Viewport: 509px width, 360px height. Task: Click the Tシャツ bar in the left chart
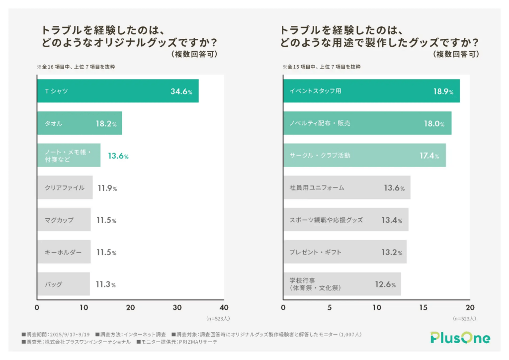tap(117, 91)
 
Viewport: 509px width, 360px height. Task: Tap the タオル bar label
tap(54, 123)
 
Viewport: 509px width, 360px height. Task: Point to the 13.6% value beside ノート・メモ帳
tap(118, 156)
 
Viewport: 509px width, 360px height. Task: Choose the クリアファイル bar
tap(65, 188)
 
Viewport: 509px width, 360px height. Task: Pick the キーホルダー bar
tap(64, 252)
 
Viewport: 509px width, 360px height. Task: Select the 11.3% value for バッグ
tap(105, 284)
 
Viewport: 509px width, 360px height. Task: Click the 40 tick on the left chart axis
tap(224, 307)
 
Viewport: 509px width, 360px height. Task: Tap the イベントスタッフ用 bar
tap(371, 91)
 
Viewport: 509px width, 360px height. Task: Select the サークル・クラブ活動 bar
tap(364, 156)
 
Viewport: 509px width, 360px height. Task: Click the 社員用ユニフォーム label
tap(317, 188)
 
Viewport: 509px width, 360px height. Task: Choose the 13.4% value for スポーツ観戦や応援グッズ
tap(392, 220)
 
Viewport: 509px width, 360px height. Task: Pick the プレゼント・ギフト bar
tap(344, 252)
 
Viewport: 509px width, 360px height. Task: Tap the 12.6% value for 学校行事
tap(385, 284)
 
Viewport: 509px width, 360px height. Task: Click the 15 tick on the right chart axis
tap(423, 307)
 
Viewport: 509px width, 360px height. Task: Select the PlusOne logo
tap(459, 338)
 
